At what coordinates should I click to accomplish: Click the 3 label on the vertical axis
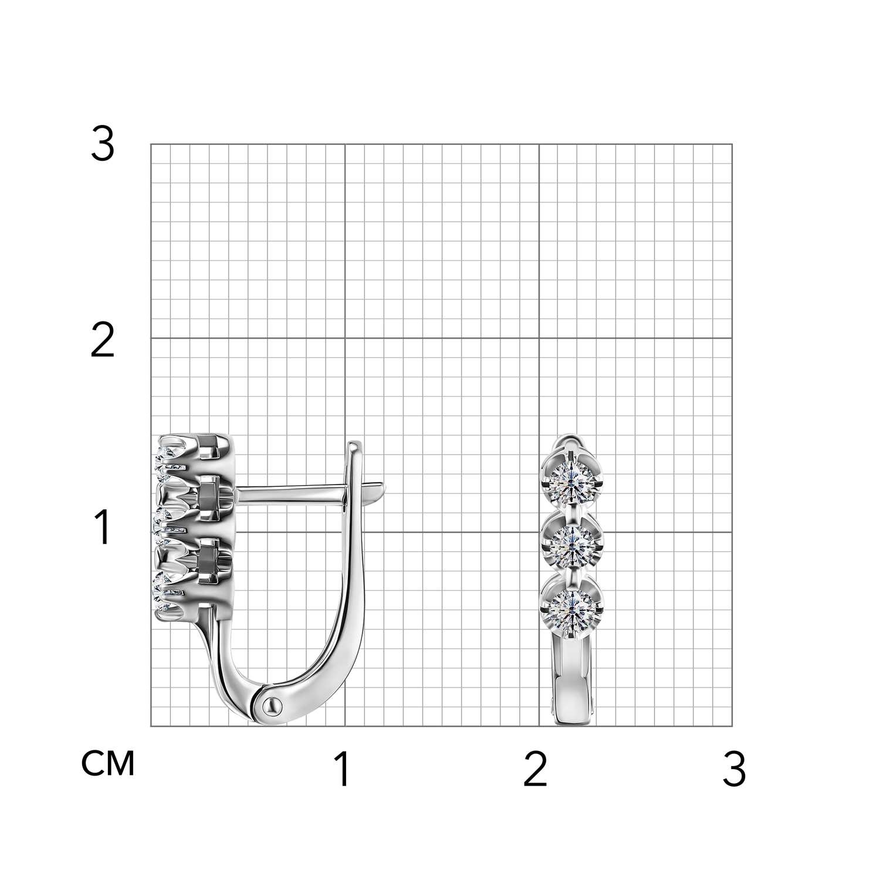point(103,145)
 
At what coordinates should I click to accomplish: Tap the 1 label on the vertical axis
point(103,527)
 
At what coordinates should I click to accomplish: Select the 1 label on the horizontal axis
point(343,769)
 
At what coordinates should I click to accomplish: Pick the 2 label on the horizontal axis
point(535,769)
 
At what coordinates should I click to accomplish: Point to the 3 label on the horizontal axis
point(735,769)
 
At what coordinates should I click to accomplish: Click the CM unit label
point(109,763)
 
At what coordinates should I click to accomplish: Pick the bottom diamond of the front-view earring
point(572,604)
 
